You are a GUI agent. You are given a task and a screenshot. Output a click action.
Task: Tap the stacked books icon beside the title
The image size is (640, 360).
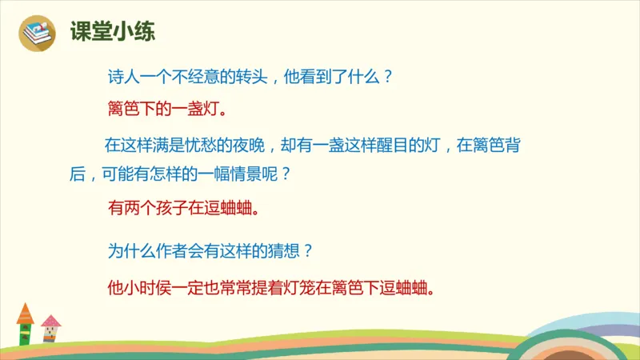click(37, 33)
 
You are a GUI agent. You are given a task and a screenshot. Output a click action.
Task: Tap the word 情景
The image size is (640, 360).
click(254, 174)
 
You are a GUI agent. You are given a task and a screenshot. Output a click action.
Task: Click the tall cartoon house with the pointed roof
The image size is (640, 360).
click(26, 325)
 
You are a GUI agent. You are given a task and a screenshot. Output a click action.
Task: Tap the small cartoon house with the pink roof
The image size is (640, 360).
click(50, 330)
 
